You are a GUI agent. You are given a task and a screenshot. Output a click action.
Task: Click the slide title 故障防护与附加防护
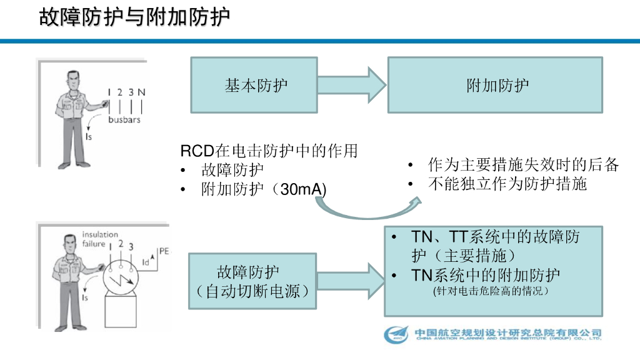[134, 17]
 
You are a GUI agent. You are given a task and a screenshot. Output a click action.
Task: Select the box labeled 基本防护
[256, 85]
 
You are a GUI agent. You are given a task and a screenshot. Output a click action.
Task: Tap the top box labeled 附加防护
[495, 85]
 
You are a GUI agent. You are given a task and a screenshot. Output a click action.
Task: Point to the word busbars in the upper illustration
[124, 119]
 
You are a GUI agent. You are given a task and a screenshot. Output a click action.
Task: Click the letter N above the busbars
[142, 92]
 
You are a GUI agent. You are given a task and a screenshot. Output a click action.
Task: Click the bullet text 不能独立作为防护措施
[507, 184]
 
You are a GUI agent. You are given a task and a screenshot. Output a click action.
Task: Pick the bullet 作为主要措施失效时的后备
[522, 165]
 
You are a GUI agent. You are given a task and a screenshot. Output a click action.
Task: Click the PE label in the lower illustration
[164, 251]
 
